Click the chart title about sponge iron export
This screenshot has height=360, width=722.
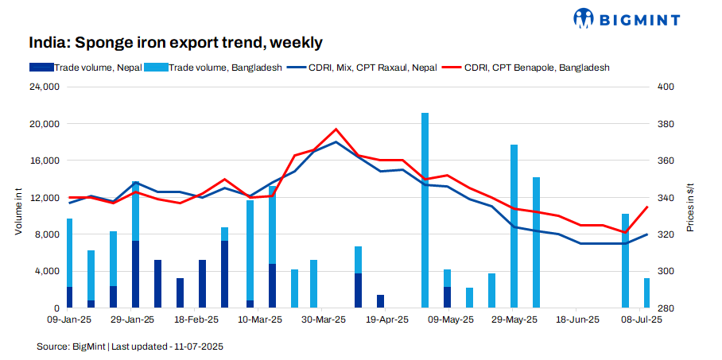[176, 42]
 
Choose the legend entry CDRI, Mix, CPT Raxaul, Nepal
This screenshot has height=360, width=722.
[363, 68]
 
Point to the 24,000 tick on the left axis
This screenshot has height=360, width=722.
[45, 87]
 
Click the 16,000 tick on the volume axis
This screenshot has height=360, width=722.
[45, 161]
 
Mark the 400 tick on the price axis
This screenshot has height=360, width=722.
[666, 87]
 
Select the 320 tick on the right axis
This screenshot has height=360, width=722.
[666, 234]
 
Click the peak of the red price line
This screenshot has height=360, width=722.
[336, 129]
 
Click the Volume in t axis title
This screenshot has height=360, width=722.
[17, 209]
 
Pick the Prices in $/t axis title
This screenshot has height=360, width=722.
[690, 207]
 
